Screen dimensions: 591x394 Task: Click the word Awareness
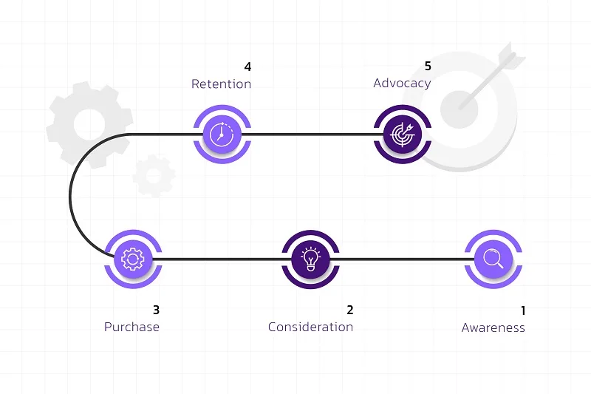493,327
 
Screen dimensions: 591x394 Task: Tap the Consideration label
310,327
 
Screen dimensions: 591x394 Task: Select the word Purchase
131,327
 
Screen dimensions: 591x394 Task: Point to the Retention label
221,84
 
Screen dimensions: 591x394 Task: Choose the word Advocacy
402,84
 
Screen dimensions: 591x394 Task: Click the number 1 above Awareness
523,310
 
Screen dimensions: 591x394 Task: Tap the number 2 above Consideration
350,310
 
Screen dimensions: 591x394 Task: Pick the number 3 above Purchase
156,310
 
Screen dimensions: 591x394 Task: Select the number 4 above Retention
247,67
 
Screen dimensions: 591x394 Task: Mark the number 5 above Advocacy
428,66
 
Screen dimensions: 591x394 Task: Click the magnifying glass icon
493,259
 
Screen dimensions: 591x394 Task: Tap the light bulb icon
310,259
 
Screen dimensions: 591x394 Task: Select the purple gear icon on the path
133,259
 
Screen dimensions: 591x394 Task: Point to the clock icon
222,134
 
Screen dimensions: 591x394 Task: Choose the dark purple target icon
402,135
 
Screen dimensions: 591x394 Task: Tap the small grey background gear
154,175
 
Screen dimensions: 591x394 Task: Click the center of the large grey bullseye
459,109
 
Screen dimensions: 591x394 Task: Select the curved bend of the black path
70,197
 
